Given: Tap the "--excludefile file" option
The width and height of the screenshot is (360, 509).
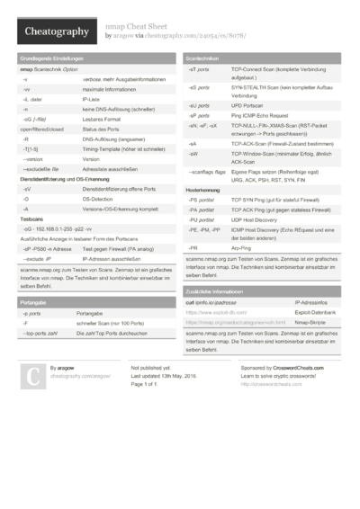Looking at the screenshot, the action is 41,168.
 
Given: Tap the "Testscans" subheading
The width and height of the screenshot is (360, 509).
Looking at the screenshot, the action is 32,219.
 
